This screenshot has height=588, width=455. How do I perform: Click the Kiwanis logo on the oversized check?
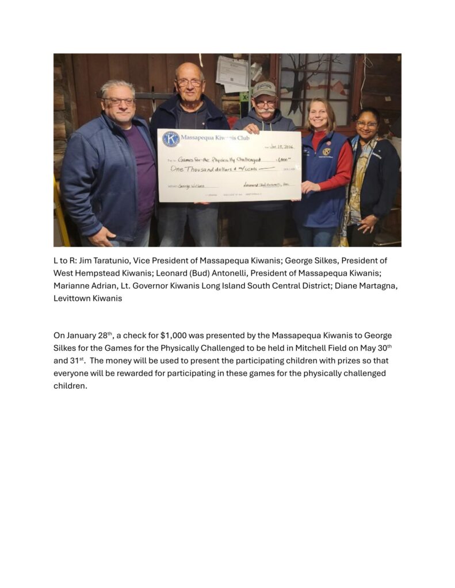coord(170,139)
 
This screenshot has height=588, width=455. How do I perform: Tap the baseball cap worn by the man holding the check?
coord(264,89)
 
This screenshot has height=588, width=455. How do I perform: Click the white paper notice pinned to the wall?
coord(232,73)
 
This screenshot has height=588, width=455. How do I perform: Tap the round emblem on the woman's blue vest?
coord(327,152)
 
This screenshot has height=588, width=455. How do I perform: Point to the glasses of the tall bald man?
coord(189,83)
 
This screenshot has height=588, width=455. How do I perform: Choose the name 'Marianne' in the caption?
coord(71,286)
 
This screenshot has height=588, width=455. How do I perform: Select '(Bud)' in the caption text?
coord(200,273)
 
